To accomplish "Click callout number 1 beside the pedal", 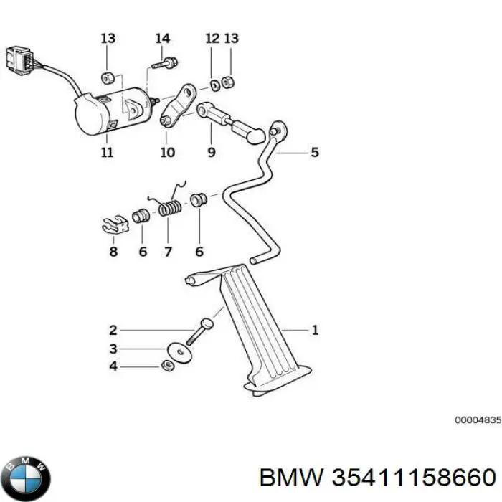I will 313,330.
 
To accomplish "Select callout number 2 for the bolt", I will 113,331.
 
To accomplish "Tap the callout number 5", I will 313,153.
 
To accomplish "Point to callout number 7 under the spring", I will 169,252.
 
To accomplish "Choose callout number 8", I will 113,252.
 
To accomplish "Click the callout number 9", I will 211,153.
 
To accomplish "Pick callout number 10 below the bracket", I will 166,153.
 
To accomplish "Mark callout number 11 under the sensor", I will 106,153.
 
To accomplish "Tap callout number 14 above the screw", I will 163,38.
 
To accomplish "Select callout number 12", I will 212,38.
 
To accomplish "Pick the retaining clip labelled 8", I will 112,224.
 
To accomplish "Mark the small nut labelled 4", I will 166,367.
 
